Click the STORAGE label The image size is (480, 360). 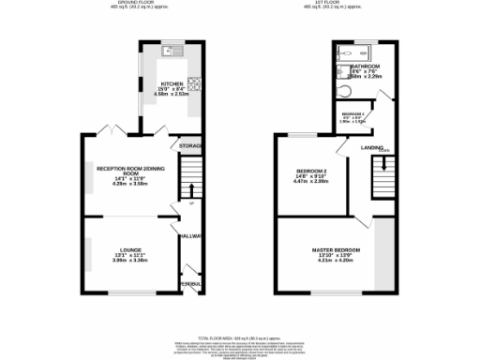[191, 146]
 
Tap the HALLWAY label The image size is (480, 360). [191, 237]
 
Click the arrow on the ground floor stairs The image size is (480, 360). [192, 194]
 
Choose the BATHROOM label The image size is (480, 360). [365, 67]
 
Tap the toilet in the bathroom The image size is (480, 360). [347, 90]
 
